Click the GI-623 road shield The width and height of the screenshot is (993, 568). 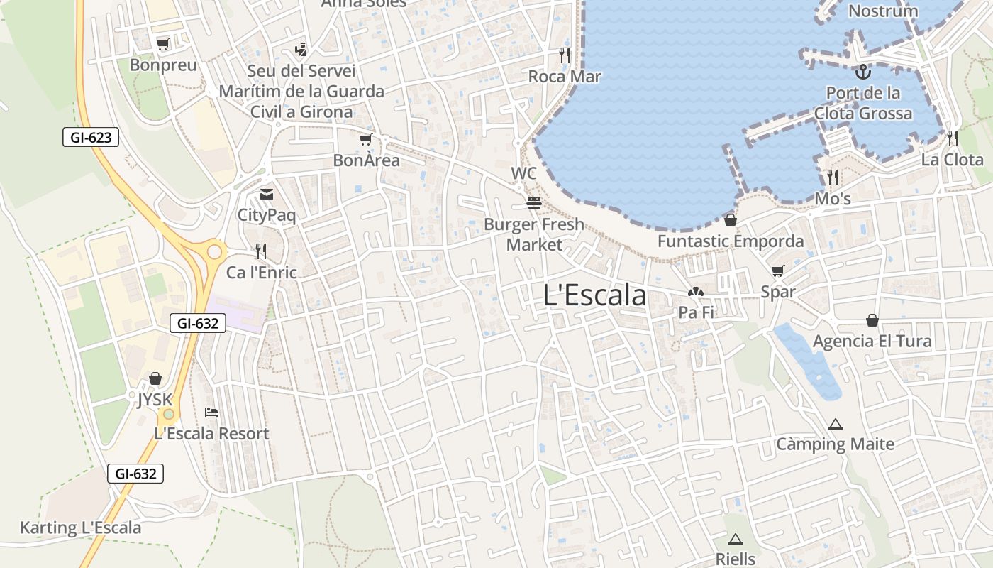click(x=91, y=138)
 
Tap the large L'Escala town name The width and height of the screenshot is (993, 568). click(x=594, y=295)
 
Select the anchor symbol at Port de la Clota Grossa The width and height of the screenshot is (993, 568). click(x=862, y=72)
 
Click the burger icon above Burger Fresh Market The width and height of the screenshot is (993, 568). click(x=533, y=204)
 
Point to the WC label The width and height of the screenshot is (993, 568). click(x=523, y=173)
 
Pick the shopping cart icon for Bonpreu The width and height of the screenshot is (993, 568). click(x=162, y=45)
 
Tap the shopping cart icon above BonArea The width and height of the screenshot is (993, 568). click(x=365, y=139)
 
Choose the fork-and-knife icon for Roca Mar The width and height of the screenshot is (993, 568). click(x=565, y=55)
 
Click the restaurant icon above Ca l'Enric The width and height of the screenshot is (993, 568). click(x=261, y=251)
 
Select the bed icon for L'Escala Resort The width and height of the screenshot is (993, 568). click(x=211, y=412)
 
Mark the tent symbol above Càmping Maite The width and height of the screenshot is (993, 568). click(x=835, y=424)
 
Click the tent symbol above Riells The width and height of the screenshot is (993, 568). click(x=735, y=539)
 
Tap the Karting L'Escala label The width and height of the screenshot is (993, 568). click(x=80, y=528)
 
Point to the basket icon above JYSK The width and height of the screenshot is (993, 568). click(x=155, y=378)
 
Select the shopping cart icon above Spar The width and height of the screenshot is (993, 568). click(x=777, y=271)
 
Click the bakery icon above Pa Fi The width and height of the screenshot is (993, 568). click(x=695, y=291)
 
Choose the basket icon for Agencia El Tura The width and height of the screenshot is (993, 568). click(x=872, y=320)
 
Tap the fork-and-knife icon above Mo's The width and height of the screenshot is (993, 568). click(x=833, y=177)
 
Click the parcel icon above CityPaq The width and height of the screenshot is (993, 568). click(x=266, y=194)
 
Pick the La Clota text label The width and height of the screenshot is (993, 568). click(x=952, y=160)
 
